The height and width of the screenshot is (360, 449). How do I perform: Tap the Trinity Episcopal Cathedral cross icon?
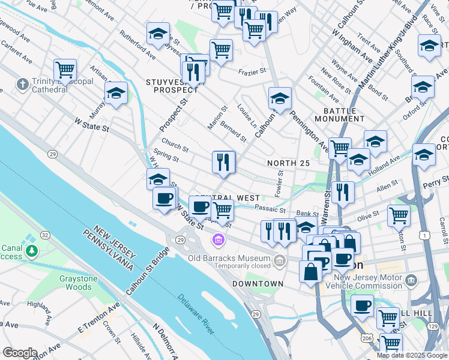(22, 83)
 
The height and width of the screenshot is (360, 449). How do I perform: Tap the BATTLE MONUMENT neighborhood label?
(344, 115)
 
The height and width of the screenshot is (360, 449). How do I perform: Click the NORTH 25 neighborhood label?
(289, 163)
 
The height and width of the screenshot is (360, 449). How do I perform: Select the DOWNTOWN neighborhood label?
(258, 284)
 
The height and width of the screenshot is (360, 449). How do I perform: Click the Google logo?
(20, 352)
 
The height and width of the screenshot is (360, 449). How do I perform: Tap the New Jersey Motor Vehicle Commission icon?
(411, 280)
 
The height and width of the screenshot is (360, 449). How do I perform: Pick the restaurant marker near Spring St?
(223, 161)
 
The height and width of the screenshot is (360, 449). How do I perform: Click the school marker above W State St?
(116, 92)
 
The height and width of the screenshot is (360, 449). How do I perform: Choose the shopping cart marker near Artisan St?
(65, 70)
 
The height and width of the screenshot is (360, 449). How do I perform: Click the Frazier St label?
(252, 71)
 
